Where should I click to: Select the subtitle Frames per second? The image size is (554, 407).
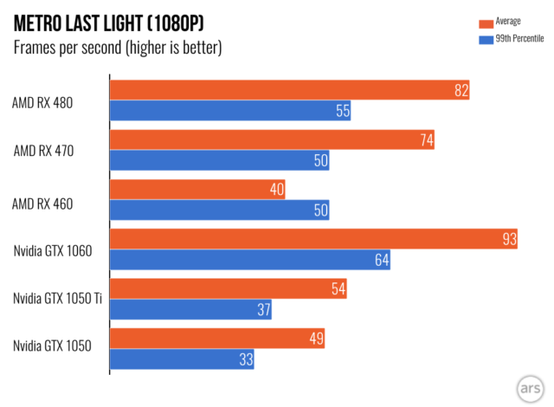click(117, 48)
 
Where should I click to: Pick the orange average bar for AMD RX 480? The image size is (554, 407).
click(289, 90)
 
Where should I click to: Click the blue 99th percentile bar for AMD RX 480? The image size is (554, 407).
click(230, 111)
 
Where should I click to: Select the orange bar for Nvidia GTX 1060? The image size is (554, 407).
click(313, 239)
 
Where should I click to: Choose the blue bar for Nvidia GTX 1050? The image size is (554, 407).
click(182, 359)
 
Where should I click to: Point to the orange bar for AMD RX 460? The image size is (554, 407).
click(197, 190)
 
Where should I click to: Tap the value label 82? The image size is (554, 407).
click(461, 90)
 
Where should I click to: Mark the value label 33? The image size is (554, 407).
click(245, 359)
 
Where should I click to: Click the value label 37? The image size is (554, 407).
click(263, 309)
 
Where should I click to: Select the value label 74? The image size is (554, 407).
click(425, 140)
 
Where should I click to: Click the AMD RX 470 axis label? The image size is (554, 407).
click(55, 151)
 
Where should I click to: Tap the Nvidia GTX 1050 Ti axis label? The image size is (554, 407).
click(57, 299)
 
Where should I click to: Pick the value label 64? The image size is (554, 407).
click(382, 260)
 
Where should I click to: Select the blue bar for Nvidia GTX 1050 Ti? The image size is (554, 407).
click(190, 309)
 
